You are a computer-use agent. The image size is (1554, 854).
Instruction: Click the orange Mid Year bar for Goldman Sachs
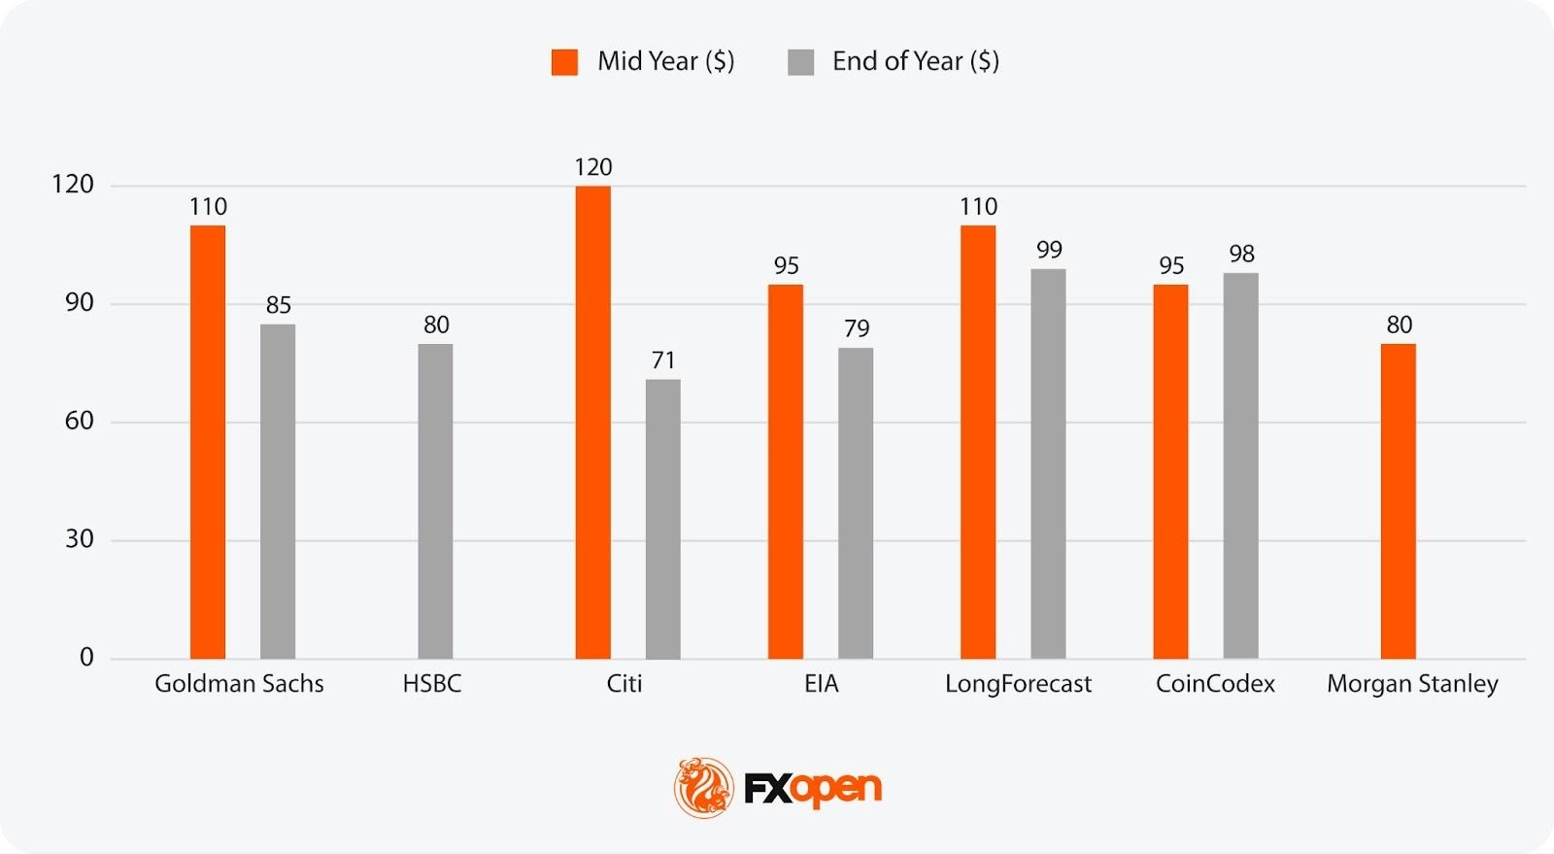[208, 442]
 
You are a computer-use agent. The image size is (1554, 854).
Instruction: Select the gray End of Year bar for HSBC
[435, 501]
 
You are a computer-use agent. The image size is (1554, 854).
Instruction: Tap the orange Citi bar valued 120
[592, 423]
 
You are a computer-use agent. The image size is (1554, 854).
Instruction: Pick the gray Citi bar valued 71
[662, 519]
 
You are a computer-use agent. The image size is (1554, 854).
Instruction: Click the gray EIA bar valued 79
[856, 503]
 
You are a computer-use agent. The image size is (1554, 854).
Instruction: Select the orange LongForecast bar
[978, 442]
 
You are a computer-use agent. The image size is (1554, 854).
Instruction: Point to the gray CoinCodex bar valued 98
[1240, 465]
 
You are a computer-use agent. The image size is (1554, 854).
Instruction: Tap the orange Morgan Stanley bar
[1398, 501]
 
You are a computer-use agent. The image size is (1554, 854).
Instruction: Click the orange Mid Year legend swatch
[564, 62]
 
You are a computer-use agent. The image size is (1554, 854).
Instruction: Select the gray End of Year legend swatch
[800, 62]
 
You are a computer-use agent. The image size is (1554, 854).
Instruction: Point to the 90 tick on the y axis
[80, 303]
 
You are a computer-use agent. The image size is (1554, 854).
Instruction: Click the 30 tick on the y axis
[80, 539]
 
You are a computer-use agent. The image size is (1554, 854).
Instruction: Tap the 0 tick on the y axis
[86, 658]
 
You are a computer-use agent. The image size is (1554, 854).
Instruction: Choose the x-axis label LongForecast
[1018, 684]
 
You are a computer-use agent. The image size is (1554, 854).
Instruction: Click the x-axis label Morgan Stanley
[1412, 684]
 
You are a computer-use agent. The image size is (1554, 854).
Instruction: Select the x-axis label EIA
[821, 684]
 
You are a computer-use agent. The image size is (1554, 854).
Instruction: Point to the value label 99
[1049, 250]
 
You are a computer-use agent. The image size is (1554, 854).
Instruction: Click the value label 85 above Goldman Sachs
[279, 305]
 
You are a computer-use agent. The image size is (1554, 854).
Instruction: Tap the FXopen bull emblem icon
[703, 787]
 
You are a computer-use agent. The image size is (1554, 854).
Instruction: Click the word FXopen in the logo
[813, 788]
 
